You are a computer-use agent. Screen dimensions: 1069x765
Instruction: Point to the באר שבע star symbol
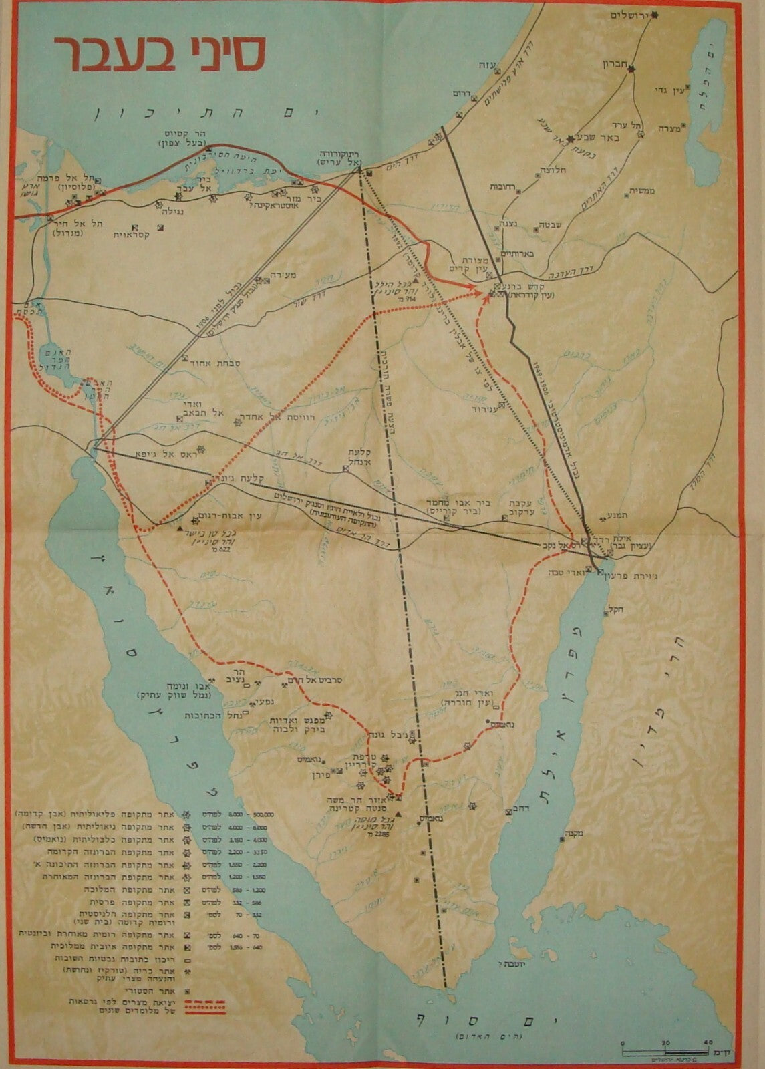570,139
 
